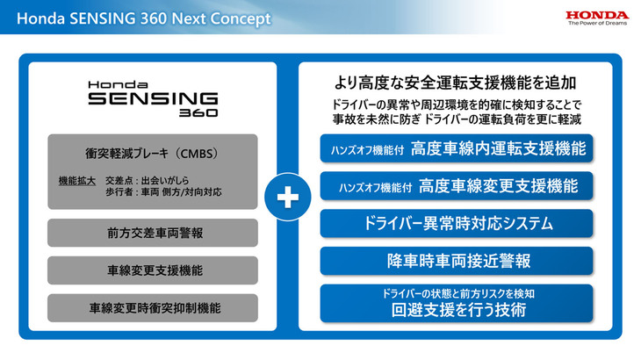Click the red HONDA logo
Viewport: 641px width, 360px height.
(596, 15)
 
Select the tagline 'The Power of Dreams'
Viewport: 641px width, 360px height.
(597, 25)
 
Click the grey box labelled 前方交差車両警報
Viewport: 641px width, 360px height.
(153, 234)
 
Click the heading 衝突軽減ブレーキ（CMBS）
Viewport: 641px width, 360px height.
(153, 152)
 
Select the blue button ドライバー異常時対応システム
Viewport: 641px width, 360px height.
(456, 223)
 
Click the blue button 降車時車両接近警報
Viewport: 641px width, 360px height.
(456, 261)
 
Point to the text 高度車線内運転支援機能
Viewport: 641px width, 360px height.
(498, 148)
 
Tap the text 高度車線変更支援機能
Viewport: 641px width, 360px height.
(498, 186)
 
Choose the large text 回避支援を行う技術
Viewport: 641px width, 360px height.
(456, 310)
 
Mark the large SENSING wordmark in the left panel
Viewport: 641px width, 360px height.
(153, 98)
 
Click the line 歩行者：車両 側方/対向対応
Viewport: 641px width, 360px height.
(161, 191)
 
